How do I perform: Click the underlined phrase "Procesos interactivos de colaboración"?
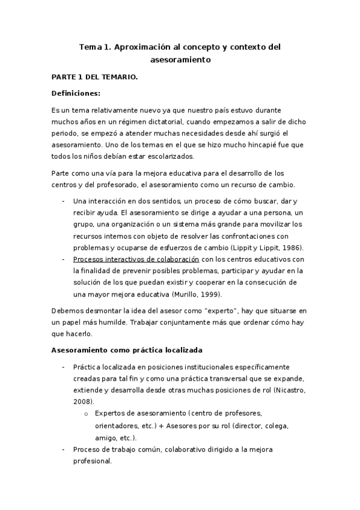(x=136, y=259)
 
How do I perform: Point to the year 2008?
(x=82, y=402)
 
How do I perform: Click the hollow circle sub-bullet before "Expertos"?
(x=87, y=414)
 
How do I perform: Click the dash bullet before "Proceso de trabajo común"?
(x=64, y=449)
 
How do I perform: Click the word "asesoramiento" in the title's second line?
(x=180, y=60)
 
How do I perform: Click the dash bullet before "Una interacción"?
(x=64, y=200)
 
